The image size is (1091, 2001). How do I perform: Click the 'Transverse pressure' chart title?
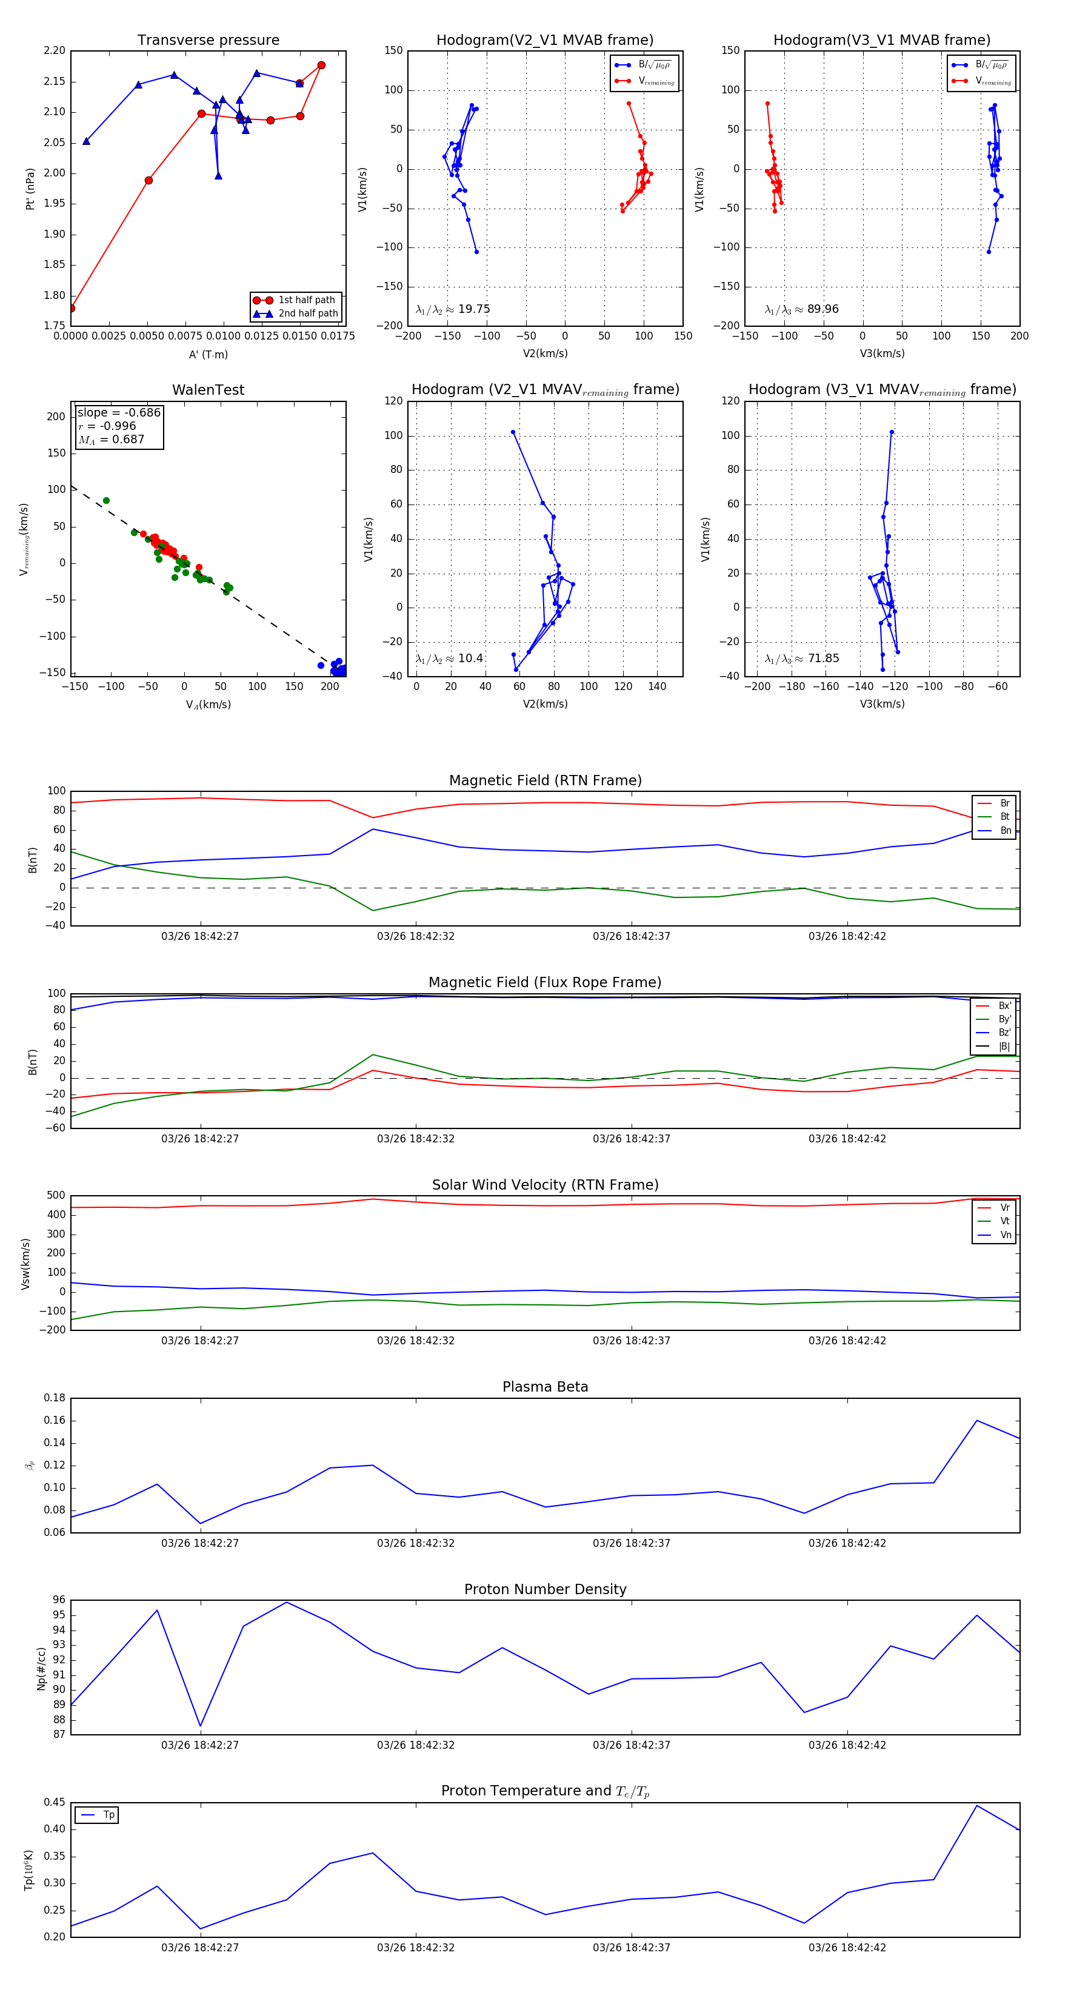[208, 41]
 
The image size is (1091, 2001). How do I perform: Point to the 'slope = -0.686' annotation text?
[119, 412]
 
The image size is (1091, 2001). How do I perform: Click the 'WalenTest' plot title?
[208, 390]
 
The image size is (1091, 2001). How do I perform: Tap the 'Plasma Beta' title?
[545, 1387]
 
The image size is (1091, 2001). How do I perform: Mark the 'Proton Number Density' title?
[545, 1589]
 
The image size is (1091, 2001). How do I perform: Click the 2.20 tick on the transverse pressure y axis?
[55, 52]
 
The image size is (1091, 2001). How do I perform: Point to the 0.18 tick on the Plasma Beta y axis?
[55, 1398]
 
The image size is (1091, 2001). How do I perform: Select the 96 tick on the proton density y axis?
[59, 1600]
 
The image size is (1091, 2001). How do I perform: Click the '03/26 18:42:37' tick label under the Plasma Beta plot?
[632, 1543]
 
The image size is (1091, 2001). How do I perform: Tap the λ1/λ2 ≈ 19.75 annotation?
[453, 309]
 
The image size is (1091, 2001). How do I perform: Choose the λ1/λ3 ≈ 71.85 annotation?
[801, 659]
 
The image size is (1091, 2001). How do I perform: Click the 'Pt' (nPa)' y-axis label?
[30, 189]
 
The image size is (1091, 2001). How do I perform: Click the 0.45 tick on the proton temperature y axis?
[55, 1802]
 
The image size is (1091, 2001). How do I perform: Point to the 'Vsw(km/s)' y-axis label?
[25, 1264]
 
